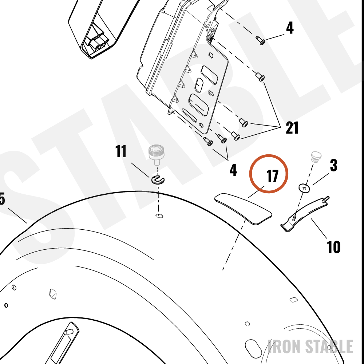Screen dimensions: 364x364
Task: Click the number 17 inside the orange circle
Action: (272, 176)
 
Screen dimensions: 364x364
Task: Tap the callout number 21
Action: (292, 128)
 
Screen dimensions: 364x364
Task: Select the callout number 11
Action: (121, 151)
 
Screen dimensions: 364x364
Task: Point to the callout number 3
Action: (333, 165)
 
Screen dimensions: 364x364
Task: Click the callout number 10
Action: (333, 247)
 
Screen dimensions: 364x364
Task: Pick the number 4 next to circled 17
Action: (233, 170)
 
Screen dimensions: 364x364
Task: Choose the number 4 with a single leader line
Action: (289, 28)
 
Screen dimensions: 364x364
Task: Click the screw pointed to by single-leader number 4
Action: (261, 40)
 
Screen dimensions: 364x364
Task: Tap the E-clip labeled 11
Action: (158, 180)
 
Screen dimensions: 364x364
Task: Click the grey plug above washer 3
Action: (316, 156)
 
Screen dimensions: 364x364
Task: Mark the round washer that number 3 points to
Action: (304, 188)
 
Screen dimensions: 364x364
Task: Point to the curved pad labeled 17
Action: (243, 209)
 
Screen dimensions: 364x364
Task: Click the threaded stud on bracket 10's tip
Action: (326, 199)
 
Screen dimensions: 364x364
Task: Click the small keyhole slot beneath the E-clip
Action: (159, 216)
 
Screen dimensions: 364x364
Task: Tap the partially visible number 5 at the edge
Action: (2, 199)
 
